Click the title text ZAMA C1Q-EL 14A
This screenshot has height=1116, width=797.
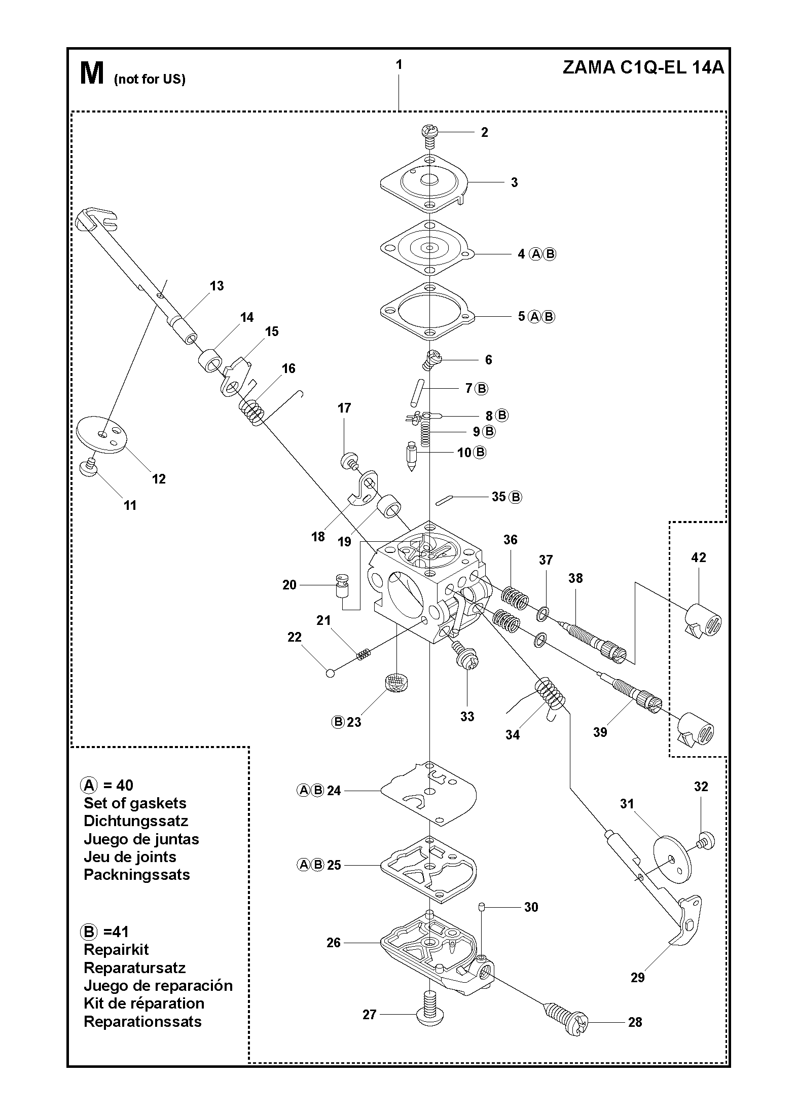pos(643,67)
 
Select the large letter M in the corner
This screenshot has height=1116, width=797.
pos(92,73)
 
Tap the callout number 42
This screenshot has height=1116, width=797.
pos(698,557)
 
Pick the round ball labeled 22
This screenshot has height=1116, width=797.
pos(330,673)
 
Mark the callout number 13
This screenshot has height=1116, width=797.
pos(216,286)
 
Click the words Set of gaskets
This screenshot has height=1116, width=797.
pos(135,803)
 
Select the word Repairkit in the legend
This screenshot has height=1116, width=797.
pos(116,949)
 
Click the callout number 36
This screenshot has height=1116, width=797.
pos(510,540)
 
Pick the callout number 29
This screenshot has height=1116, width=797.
pos(637,977)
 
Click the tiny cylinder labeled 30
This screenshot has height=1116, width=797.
pos(482,906)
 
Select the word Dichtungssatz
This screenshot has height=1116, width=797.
pos(136,821)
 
